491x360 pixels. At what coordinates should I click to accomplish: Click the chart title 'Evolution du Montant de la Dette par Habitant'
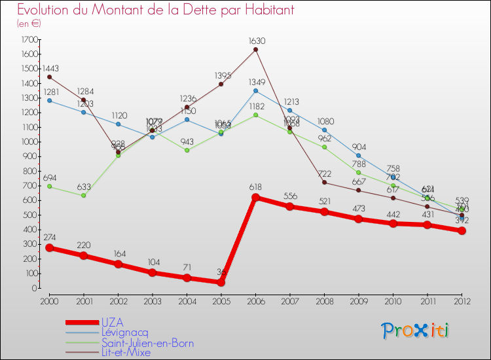coord(156,10)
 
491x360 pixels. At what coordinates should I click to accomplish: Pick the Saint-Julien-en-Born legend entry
coord(147,342)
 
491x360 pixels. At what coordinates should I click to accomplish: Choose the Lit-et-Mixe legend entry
coord(126,352)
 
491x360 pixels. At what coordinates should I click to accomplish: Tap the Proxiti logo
coord(416,330)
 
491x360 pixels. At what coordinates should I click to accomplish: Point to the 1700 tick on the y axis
coord(28,40)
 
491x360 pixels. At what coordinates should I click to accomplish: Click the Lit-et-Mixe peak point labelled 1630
coord(255,50)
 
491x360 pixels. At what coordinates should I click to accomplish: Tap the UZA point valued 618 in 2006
coord(255,198)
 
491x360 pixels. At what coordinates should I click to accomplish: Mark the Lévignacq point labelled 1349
coord(255,91)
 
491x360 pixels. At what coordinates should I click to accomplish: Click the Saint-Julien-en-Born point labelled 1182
coord(255,115)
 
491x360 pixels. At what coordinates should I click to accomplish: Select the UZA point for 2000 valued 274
coord(49,248)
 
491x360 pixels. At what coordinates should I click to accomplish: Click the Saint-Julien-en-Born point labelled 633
coord(84,195)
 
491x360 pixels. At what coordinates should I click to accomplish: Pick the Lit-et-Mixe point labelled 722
coord(324,183)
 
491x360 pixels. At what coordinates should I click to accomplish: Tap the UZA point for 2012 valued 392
coord(462,230)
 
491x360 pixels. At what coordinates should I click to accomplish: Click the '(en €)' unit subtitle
coord(29,23)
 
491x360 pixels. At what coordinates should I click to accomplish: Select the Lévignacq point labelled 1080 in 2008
coord(324,130)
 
